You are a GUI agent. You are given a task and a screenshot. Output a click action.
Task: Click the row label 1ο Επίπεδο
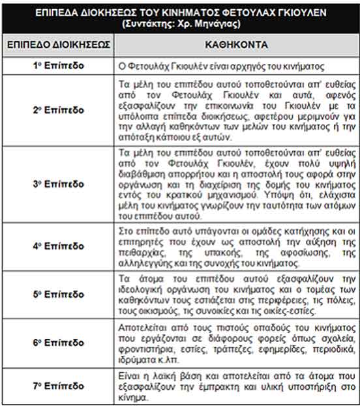click(x=58, y=67)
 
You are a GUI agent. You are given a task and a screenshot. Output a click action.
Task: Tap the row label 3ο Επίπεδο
click(x=58, y=184)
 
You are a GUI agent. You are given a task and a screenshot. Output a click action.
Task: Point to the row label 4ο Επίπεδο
click(x=58, y=247)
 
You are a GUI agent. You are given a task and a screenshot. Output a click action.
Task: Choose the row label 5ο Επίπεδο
click(x=58, y=295)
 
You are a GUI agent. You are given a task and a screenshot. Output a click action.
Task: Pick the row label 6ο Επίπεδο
click(x=58, y=342)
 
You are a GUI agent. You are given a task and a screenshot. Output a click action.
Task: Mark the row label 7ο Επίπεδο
click(x=58, y=386)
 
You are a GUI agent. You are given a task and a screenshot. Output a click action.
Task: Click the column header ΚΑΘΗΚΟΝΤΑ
click(x=235, y=46)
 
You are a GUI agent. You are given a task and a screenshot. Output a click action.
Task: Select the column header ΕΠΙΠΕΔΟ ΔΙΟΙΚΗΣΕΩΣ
click(x=59, y=46)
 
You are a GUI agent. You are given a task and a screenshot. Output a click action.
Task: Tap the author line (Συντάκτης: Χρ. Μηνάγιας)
click(x=179, y=23)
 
